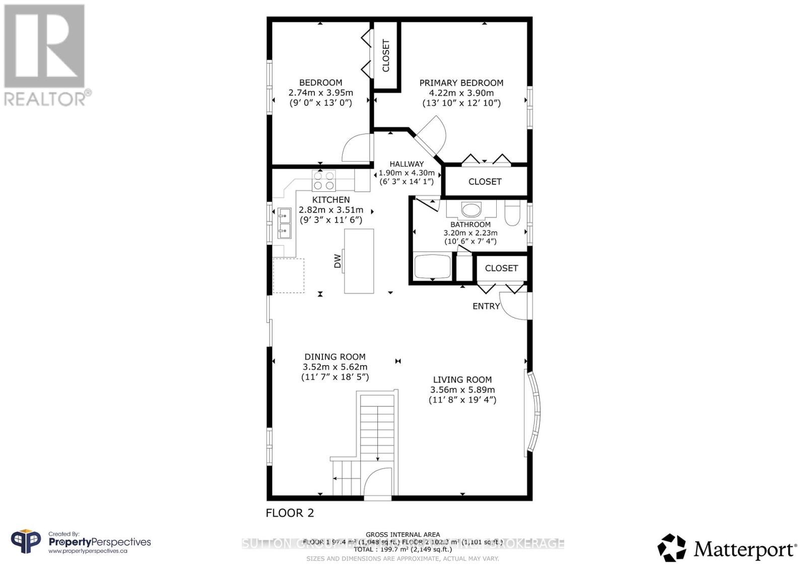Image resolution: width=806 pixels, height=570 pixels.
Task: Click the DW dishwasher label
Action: click(x=338, y=261)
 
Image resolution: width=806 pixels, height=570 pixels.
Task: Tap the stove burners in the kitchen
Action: click(x=324, y=180)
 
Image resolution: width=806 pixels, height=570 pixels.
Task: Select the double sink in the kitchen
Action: click(x=284, y=224)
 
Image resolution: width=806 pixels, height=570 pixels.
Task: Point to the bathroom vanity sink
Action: click(x=472, y=209)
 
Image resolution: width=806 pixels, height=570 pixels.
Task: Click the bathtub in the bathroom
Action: click(x=432, y=266)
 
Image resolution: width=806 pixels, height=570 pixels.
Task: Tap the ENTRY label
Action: click(x=486, y=306)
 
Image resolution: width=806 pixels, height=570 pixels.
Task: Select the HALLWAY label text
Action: click(x=407, y=164)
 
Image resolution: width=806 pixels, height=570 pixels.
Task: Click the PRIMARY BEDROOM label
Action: click(x=461, y=83)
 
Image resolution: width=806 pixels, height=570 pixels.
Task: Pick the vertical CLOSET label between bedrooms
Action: click(x=386, y=55)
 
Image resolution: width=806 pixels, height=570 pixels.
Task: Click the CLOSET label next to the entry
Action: click(x=501, y=268)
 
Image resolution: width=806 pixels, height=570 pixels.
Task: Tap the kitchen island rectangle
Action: click(x=359, y=261)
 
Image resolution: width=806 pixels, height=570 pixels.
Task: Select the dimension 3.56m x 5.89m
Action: click(x=462, y=390)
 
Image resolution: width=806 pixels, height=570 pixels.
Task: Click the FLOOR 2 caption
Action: click(x=290, y=513)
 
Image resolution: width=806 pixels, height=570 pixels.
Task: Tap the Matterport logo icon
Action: click(x=671, y=548)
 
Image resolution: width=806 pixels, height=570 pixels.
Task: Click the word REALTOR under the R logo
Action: click(x=45, y=98)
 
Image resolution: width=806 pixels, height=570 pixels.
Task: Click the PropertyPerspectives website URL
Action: click(x=87, y=551)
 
